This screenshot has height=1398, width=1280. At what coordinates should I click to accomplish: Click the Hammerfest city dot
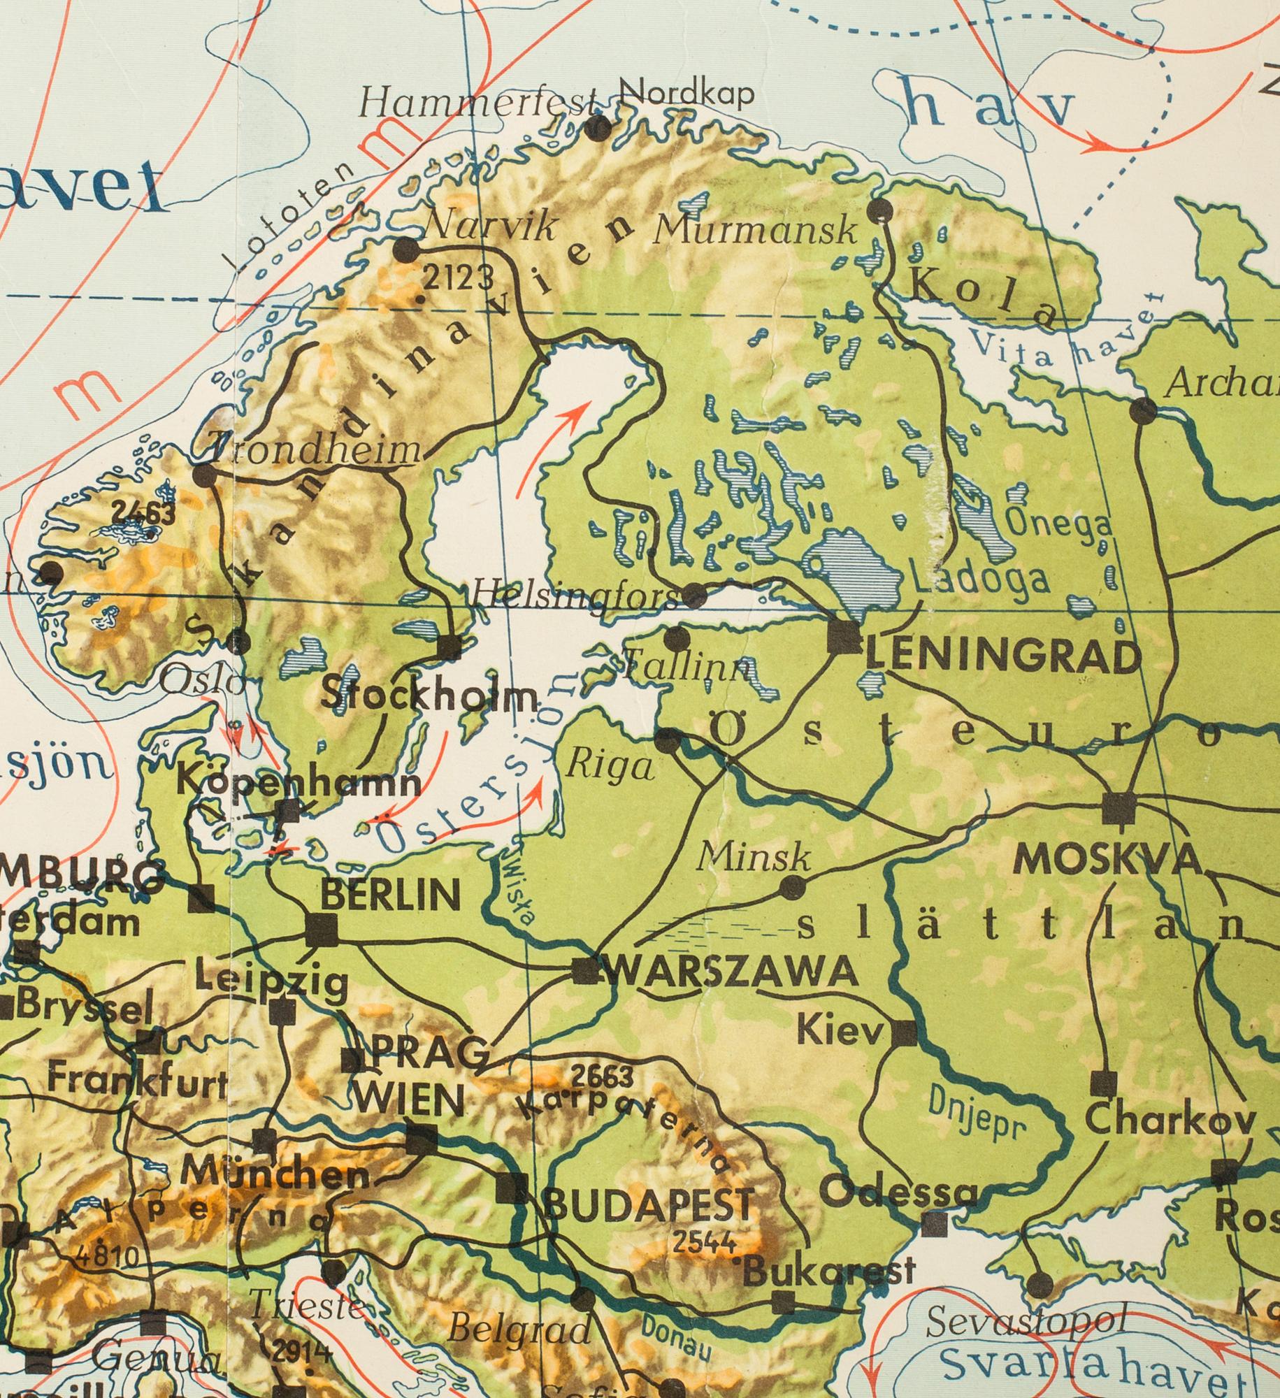[597, 127]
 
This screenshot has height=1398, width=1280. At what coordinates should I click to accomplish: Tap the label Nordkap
[686, 92]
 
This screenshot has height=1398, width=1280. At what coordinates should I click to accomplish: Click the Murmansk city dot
[880, 209]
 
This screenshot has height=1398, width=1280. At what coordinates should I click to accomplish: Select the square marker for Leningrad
[843, 637]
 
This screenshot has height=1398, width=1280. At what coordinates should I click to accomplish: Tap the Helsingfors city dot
[694, 596]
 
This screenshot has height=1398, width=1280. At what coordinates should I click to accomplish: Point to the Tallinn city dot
[676, 637]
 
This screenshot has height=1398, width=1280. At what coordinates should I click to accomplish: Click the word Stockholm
[431, 696]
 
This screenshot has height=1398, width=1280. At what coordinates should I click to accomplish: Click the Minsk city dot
[791, 888]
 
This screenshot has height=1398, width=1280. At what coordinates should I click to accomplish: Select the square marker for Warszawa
[586, 971]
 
